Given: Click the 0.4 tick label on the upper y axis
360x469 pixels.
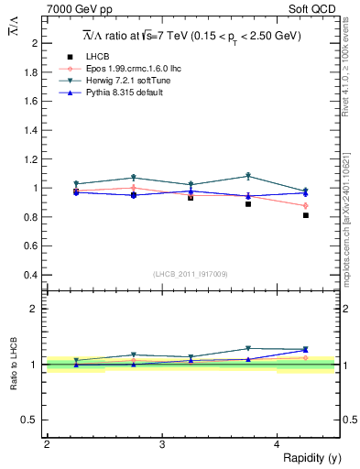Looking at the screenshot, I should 31,275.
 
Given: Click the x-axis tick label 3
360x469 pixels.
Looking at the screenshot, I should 161,444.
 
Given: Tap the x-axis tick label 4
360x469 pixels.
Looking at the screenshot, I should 277,444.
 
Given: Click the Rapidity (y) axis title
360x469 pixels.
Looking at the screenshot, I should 312,457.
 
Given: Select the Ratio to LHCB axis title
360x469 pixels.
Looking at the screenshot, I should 14,364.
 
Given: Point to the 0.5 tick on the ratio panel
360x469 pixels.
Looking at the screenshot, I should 31,420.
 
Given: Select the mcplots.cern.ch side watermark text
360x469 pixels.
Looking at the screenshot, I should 349,220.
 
